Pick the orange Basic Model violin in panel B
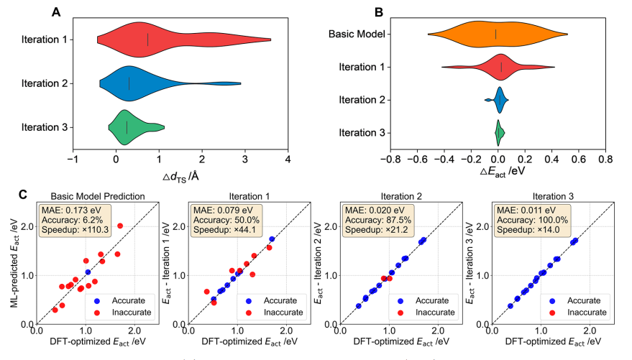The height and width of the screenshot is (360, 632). [496, 34]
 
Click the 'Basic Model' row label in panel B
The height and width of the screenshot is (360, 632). [355, 34]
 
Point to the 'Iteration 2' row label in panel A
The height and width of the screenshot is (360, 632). [45, 83]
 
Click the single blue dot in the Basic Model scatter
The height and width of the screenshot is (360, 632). [87, 272]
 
